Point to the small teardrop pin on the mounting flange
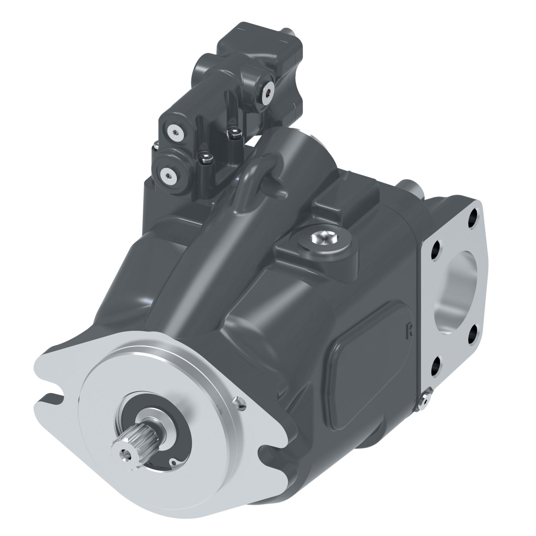[239, 402]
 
